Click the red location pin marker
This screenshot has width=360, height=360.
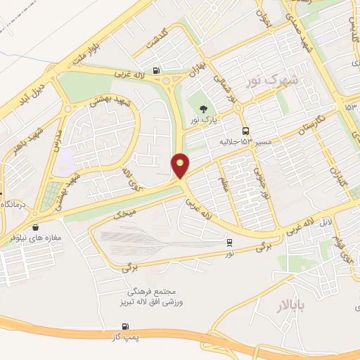pos(181,165)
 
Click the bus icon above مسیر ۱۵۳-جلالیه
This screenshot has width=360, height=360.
pos(245,131)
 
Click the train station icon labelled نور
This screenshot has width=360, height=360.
pos(230,243)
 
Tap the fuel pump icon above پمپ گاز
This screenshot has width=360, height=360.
pos(125,326)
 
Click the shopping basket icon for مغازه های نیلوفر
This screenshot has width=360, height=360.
pos(34,228)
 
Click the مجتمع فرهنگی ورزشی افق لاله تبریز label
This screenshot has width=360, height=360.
pos(155,296)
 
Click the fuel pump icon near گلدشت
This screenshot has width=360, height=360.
pos(155,70)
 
